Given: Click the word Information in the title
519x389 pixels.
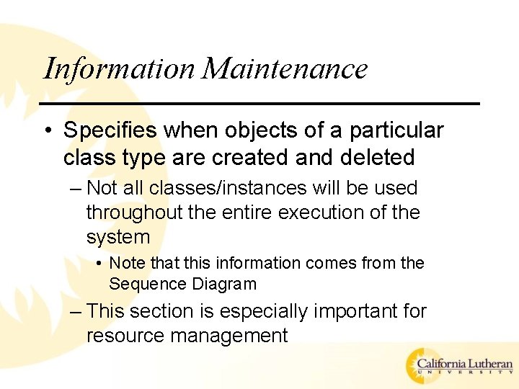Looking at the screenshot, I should point(120,69).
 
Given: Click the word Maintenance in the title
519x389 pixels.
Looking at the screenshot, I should point(285,69).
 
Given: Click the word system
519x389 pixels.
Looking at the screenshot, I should point(118,237).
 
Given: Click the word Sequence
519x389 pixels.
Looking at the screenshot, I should point(148,284).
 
